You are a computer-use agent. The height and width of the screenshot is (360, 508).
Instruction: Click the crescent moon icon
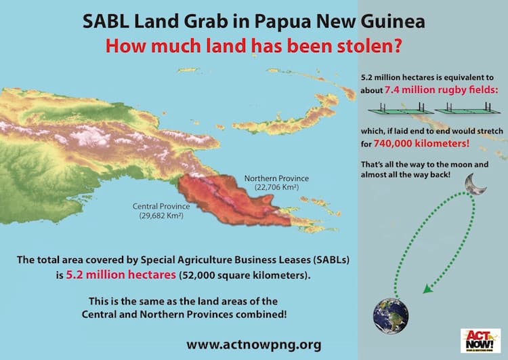coord(473,182)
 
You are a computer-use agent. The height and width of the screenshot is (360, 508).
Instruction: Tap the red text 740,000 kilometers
coord(431,144)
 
